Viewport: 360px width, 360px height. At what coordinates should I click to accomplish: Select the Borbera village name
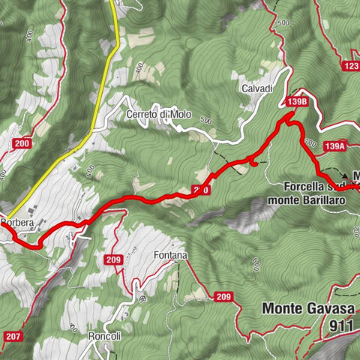pyautogui.click(x=18, y=223)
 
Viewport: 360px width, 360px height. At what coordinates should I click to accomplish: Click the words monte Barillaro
pyautogui.click(x=299, y=200)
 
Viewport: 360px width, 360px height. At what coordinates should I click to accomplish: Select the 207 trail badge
pyautogui.click(x=13, y=337)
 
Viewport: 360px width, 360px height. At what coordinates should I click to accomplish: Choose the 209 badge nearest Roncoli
pyautogui.click(x=114, y=260)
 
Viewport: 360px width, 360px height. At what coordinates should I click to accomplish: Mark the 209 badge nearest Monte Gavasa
pyautogui.click(x=223, y=297)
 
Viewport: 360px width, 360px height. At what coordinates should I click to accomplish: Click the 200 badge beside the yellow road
pyautogui.click(x=22, y=144)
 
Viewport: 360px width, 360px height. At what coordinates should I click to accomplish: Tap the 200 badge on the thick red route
pyautogui.click(x=200, y=190)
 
